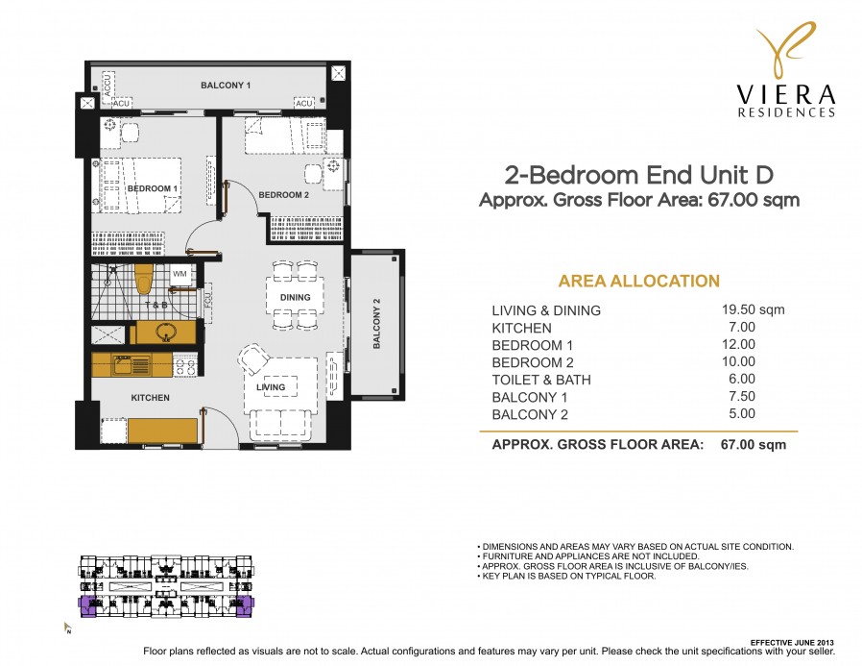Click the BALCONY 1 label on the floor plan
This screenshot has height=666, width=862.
click(226, 86)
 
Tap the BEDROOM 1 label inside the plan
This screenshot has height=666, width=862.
click(152, 188)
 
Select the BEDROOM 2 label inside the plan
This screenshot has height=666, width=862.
click(284, 195)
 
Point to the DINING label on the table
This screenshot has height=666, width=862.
click(295, 298)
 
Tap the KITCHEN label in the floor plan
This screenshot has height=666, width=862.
click(151, 397)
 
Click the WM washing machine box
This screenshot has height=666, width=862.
click(180, 275)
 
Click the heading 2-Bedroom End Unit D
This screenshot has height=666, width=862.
click(638, 175)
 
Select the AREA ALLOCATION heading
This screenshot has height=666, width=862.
click(638, 282)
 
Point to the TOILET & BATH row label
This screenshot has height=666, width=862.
click(541, 380)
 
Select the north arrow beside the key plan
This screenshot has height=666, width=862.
click(67, 629)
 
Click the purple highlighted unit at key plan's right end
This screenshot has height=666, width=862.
click(243, 605)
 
